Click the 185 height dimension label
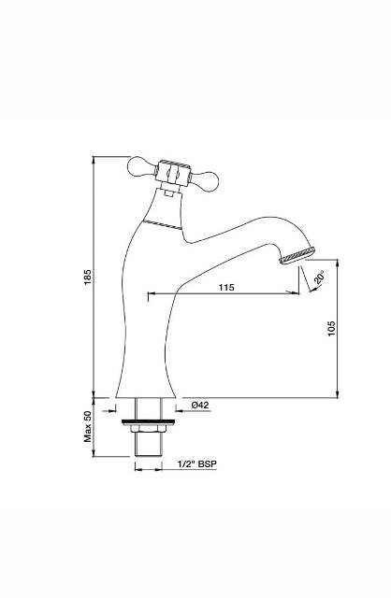coord(88,278)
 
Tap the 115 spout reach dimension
coord(226,287)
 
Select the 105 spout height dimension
coord(331,328)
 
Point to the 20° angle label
coord(320,277)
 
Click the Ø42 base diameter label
coord(200,405)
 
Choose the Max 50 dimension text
coord(88,426)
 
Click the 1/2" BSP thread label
coord(197,463)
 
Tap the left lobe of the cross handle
coord(141,167)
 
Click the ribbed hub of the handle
coord(173,173)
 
